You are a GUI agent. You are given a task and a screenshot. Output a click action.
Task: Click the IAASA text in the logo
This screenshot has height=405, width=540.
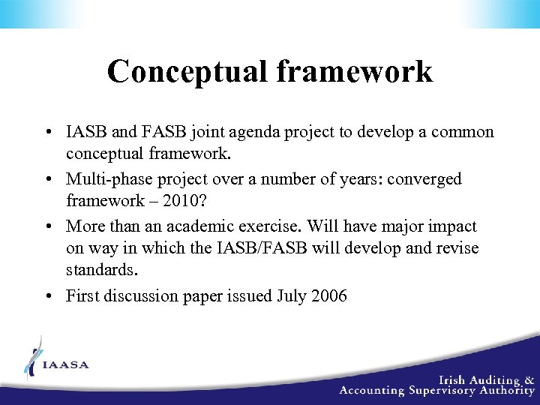pyautogui.click(x=66, y=365)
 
